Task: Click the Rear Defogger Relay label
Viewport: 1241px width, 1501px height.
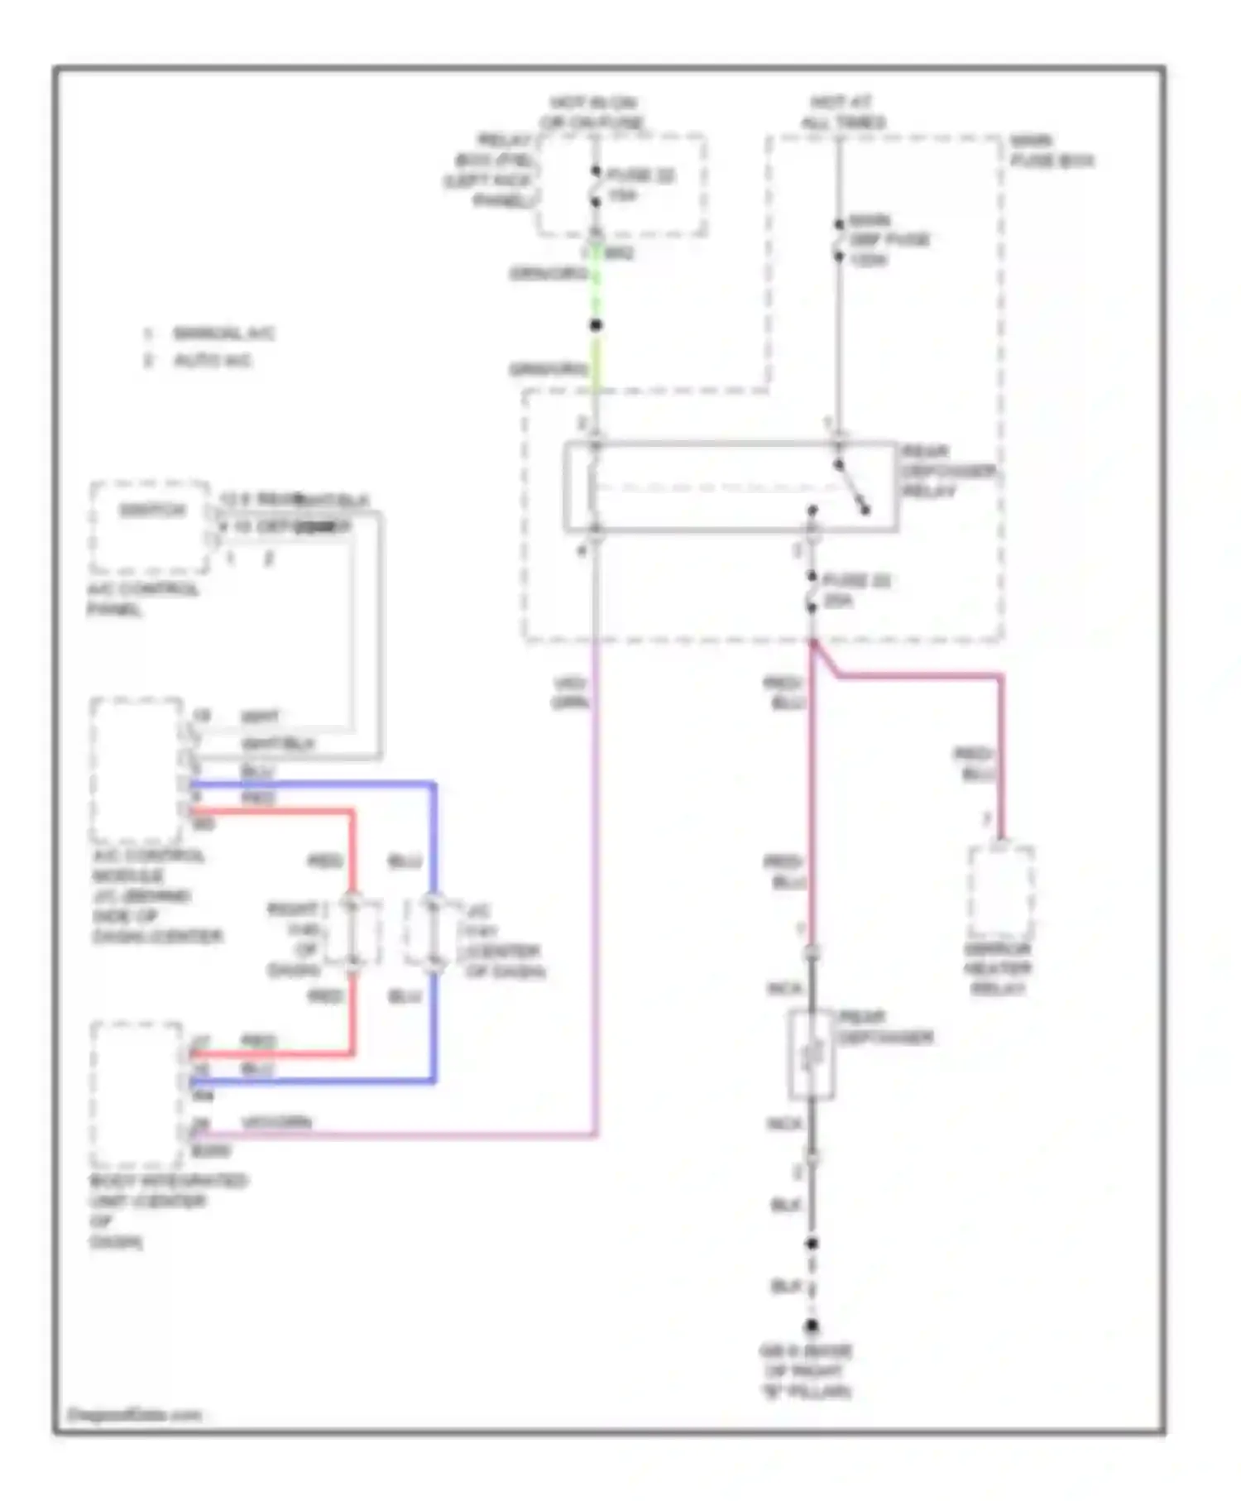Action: [947, 471]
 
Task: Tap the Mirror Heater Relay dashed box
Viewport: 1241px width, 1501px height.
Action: [1000, 891]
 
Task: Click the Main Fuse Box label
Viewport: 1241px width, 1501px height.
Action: [1051, 151]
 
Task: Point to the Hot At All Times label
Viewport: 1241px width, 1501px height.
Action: [841, 113]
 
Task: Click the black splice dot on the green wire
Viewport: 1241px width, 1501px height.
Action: [595, 325]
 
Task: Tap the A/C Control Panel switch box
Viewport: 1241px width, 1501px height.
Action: [150, 526]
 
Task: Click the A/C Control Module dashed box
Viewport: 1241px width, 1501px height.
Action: [137, 770]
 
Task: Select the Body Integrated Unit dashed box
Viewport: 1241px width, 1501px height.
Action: [137, 1094]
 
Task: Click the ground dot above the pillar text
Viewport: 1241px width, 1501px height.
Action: [812, 1326]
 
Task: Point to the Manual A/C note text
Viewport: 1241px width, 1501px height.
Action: [222, 333]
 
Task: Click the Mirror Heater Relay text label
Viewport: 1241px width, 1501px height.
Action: [998, 969]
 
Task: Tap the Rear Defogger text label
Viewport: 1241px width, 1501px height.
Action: [884, 1027]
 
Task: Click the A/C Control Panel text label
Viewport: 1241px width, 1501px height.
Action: [142, 599]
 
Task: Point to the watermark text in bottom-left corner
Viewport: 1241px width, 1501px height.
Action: [134, 1414]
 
